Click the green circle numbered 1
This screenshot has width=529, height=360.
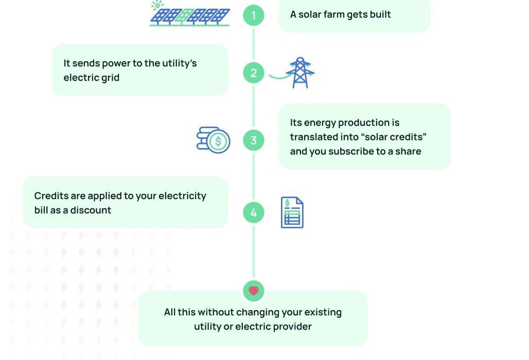pos(253,15)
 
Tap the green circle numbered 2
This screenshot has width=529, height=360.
pos(253,73)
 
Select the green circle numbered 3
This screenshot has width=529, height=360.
pos(253,140)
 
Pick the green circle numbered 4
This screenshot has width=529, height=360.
pos(253,212)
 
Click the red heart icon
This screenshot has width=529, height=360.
pos(253,291)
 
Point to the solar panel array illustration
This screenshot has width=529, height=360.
pos(190,16)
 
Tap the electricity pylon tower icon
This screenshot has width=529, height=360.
pos(300,73)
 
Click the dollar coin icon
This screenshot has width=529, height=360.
pos(214,140)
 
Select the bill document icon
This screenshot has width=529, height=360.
pos(292,212)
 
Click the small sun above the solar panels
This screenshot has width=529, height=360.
pos(156,5)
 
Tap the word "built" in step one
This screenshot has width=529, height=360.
pos(379,14)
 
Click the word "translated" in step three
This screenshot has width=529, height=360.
pos(314,137)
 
